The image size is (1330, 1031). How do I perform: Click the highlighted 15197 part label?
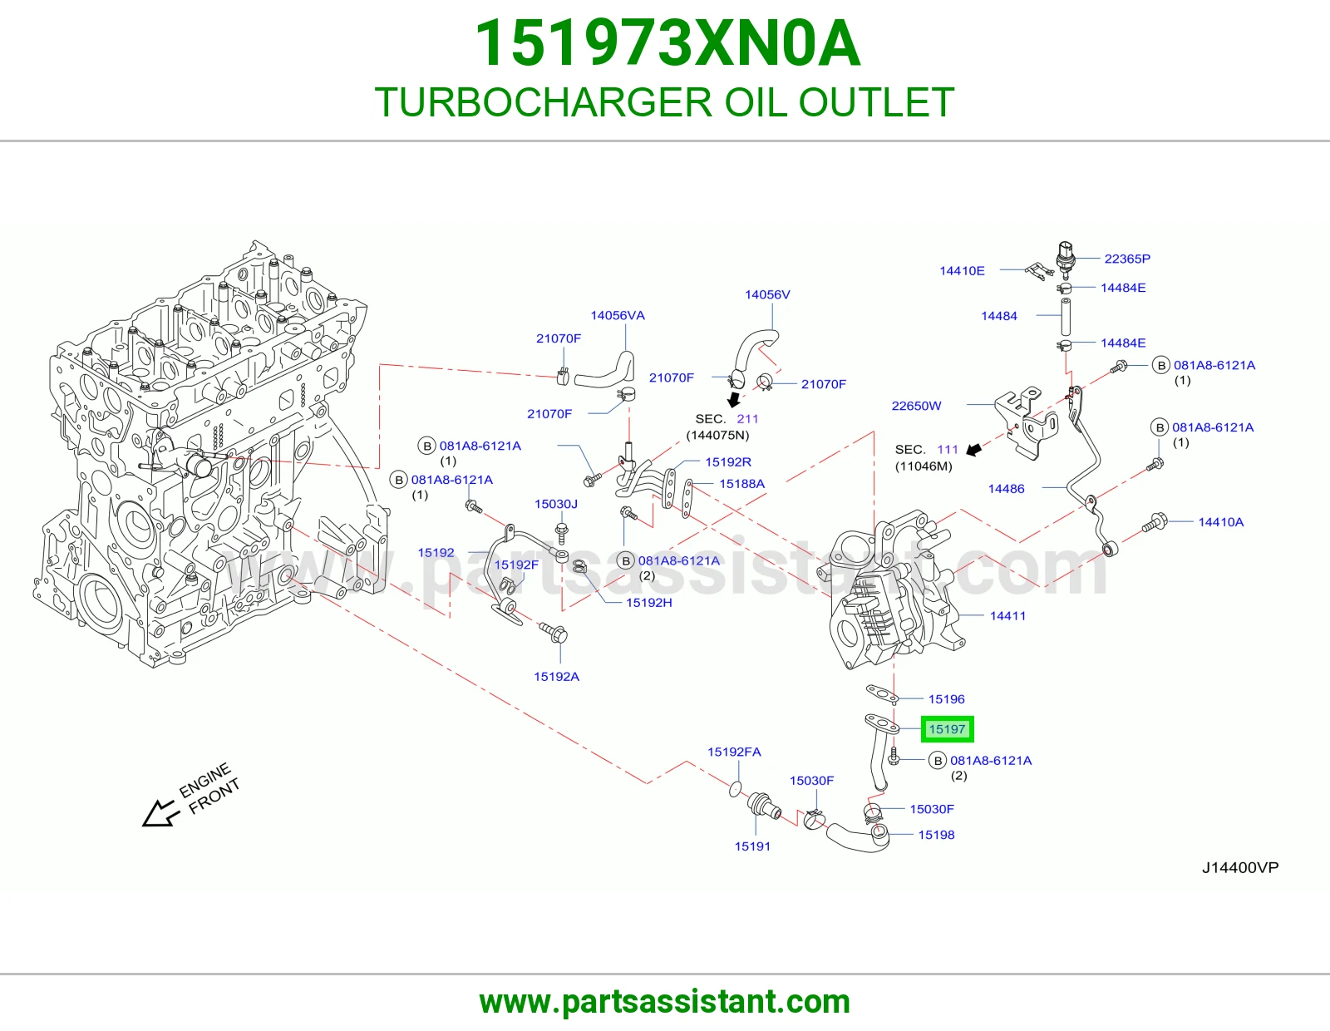(x=947, y=728)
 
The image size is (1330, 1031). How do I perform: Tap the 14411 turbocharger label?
(x=1007, y=616)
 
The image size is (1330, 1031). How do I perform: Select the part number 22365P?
(x=1127, y=259)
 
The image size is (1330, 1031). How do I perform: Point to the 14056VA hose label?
(x=618, y=315)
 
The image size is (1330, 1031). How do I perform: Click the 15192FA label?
(x=734, y=752)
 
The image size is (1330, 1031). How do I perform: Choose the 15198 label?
(x=936, y=835)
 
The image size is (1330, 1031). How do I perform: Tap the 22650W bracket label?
(x=916, y=405)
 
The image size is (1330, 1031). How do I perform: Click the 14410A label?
(x=1220, y=521)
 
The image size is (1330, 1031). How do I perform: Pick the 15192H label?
(x=648, y=603)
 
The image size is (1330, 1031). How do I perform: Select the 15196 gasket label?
(x=946, y=698)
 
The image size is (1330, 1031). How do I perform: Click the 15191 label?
(x=752, y=846)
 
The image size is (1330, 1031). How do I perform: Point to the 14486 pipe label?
(x=1006, y=489)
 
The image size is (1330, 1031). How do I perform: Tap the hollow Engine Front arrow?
(x=160, y=814)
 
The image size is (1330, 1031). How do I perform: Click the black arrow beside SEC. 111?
(x=973, y=449)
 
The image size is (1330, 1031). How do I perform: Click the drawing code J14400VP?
(x=1240, y=867)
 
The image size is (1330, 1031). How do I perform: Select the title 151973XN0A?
(x=667, y=43)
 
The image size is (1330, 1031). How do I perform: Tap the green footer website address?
(x=665, y=1002)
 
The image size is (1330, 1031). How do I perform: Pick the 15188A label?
(x=741, y=484)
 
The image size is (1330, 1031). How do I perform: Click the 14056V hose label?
(x=767, y=294)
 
